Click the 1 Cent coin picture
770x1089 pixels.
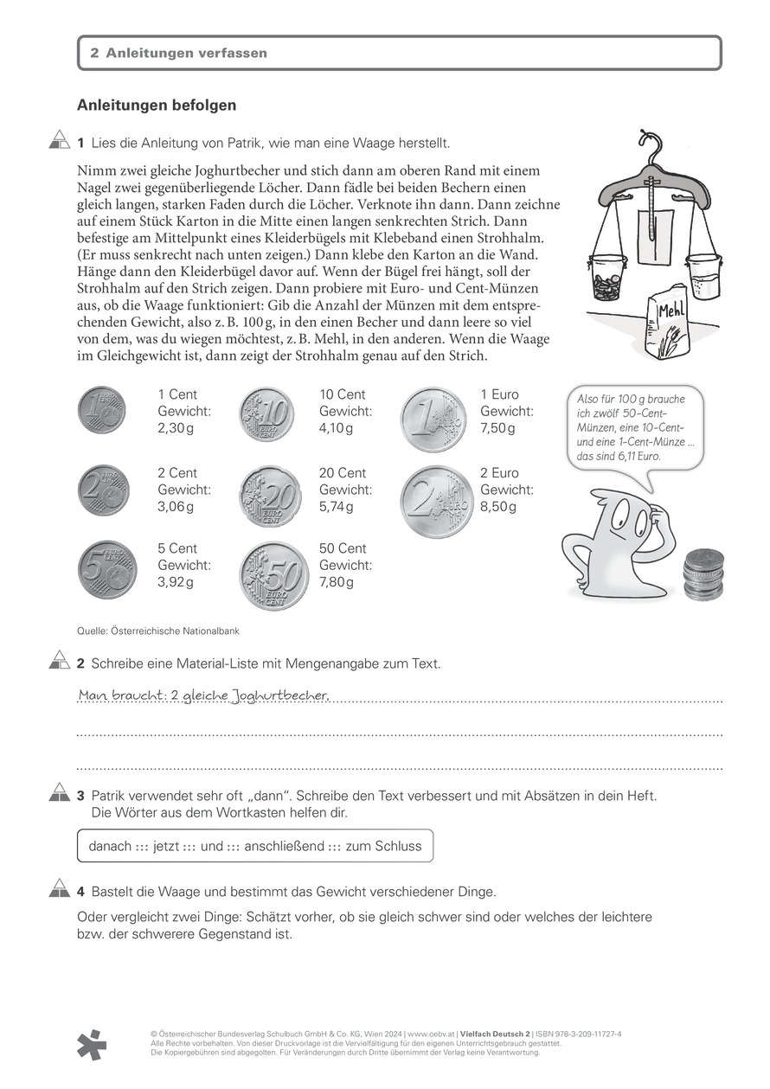[102, 410]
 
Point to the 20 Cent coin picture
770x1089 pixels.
[270, 497]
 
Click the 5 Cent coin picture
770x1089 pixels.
[107, 571]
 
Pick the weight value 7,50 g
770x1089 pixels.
[498, 429]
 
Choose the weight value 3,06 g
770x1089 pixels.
[176, 507]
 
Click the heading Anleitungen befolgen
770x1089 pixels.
[157, 105]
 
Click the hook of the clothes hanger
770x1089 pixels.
[645, 142]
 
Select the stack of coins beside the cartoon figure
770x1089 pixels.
[703, 573]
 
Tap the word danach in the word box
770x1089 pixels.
[110, 846]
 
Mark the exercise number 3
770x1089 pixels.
[80, 794]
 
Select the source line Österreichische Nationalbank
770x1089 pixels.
[158, 631]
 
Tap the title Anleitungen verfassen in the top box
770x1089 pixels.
[186, 53]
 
